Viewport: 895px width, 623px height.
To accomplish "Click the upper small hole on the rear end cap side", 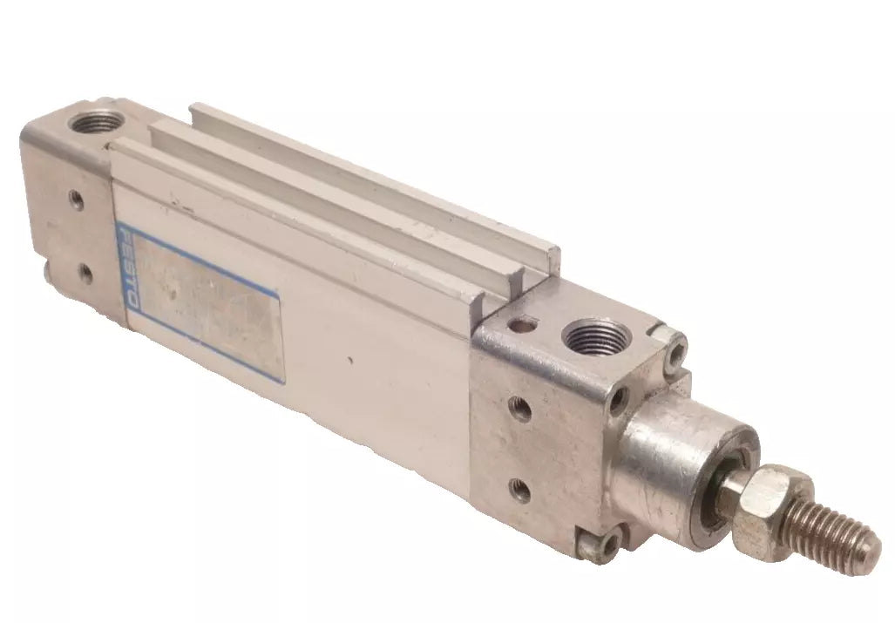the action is [77, 200].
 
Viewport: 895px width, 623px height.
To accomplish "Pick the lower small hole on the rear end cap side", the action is [85, 274].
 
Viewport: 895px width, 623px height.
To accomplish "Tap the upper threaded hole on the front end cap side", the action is [520, 409].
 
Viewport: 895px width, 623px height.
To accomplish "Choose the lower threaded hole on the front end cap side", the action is [521, 491].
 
